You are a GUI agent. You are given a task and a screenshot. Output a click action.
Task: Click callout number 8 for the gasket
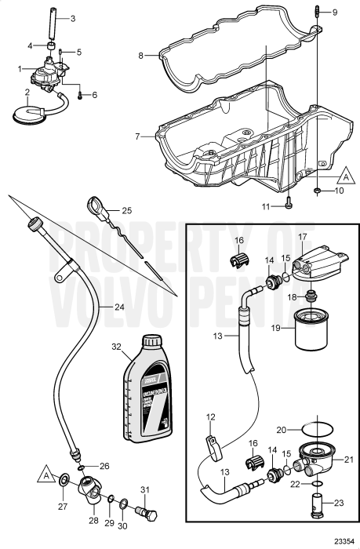point(141,56)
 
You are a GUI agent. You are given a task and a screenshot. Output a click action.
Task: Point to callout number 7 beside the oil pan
point(137,136)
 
